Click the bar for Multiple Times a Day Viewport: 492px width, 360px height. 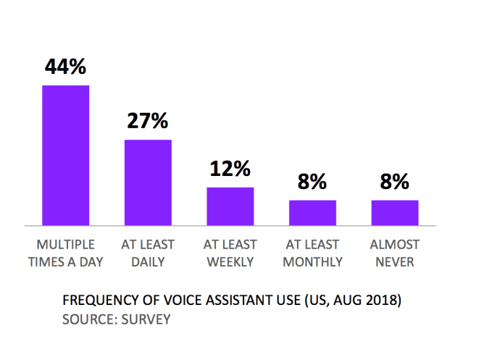tap(65, 154)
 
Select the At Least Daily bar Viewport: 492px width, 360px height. tap(148, 182)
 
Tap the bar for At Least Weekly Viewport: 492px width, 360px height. tap(230, 206)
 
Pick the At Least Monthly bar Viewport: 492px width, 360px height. tap(312, 212)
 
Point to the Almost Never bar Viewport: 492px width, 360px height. tap(395, 212)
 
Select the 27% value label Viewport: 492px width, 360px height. tap(148, 121)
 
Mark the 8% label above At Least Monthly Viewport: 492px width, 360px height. tap(312, 182)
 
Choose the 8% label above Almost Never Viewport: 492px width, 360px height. tap(395, 182)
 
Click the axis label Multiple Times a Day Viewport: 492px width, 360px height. tap(65, 253)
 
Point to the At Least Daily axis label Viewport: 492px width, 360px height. tap(148, 253)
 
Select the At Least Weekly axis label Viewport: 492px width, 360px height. tap(230, 253)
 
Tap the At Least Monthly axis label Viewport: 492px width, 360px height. tap(312, 253)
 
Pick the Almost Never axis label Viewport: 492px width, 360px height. tap(395, 253)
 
